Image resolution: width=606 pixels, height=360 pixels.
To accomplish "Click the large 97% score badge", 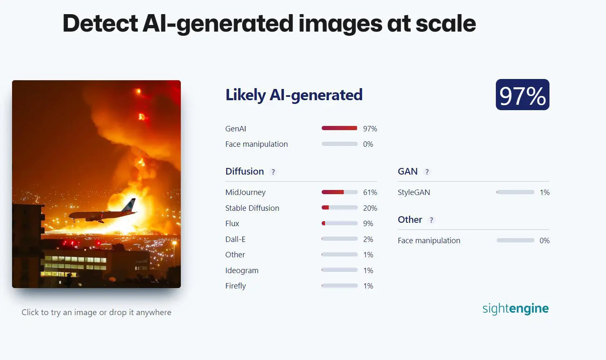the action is pyautogui.click(x=522, y=94).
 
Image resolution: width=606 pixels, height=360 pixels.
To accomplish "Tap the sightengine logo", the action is pyautogui.click(x=516, y=308).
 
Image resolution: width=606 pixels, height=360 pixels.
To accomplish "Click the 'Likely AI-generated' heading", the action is pyautogui.click(x=294, y=95).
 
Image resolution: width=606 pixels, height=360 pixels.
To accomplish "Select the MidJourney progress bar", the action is pyautogui.click(x=340, y=192).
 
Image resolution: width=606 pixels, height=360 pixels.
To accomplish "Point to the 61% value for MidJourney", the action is pyautogui.click(x=370, y=192).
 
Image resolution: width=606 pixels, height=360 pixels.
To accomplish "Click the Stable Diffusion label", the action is pyautogui.click(x=252, y=208).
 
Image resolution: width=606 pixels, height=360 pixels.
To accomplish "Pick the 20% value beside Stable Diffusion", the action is pyautogui.click(x=370, y=208).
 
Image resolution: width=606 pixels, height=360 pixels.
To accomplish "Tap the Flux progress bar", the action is pyautogui.click(x=340, y=223).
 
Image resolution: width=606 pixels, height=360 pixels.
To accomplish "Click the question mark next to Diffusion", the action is pyautogui.click(x=273, y=172).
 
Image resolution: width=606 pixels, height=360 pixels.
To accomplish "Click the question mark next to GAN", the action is pyautogui.click(x=427, y=172).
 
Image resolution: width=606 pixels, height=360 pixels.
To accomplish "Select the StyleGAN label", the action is pyautogui.click(x=414, y=192).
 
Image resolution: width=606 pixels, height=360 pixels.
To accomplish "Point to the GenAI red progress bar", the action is pyautogui.click(x=340, y=128).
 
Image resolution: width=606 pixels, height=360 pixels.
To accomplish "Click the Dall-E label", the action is pyautogui.click(x=235, y=239).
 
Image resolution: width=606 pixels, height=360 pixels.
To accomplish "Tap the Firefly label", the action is pyautogui.click(x=236, y=286).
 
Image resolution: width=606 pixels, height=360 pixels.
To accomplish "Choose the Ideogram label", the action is pyautogui.click(x=242, y=270).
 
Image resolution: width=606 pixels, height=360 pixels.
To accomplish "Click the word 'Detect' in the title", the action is pyautogui.click(x=100, y=23).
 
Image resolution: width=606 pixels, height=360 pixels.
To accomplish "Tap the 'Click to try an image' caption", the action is pyautogui.click(x=96, y=312).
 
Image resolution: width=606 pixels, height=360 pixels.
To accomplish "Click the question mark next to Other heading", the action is pyautogui.click(x=431, y=220).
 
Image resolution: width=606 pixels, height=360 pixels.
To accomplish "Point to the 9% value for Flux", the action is pyautogui.click(x=368, y=224).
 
